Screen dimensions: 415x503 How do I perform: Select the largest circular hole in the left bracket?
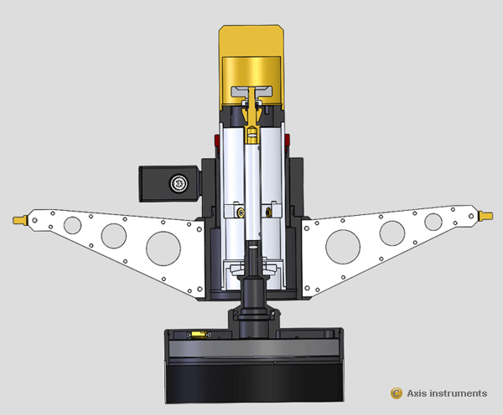point(163,247)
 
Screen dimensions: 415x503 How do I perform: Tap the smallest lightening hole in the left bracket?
point(72,224)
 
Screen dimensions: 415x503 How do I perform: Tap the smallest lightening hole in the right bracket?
point(433,222)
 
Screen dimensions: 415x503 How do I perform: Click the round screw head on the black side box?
point(177,182)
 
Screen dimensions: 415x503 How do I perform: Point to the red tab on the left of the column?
point(216,139)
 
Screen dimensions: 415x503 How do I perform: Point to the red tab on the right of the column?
point(288,139)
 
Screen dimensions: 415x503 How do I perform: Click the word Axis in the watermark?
point(417,393)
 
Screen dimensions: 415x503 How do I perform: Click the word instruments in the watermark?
point(459,393)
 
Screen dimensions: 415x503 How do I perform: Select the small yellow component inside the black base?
point(199,334)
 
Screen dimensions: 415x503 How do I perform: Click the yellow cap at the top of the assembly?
point(251,50)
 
